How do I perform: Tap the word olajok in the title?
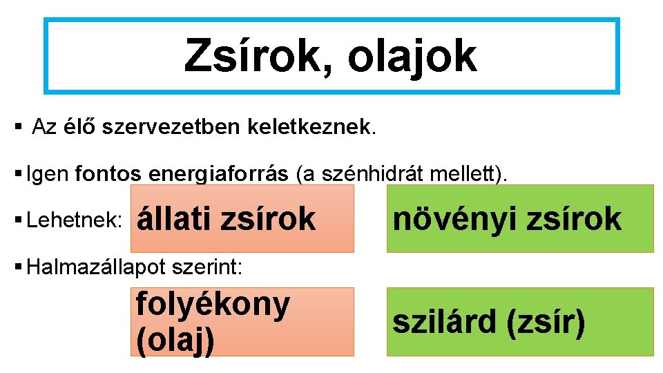412,57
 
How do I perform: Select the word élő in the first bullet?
80,127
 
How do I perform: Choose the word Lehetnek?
74,220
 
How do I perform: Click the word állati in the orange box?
175,219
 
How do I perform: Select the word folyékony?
213,305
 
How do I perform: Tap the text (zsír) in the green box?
546,321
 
